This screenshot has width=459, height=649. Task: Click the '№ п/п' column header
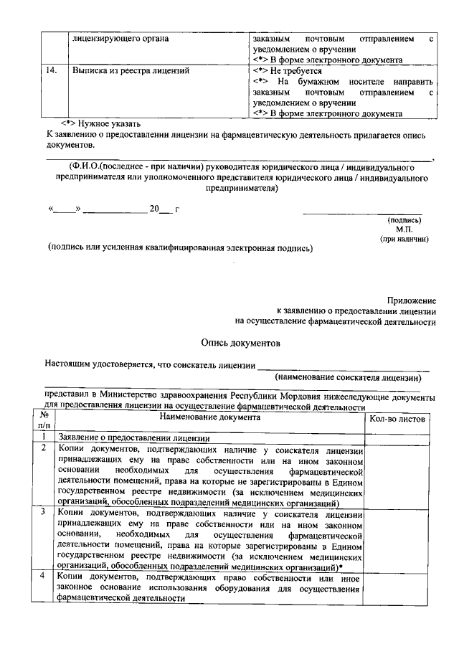pos(44,420)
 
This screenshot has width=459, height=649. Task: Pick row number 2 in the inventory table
pos(44,448)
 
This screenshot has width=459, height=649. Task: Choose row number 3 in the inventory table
pos(44,511)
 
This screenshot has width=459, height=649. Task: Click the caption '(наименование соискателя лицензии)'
pos(349,377)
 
